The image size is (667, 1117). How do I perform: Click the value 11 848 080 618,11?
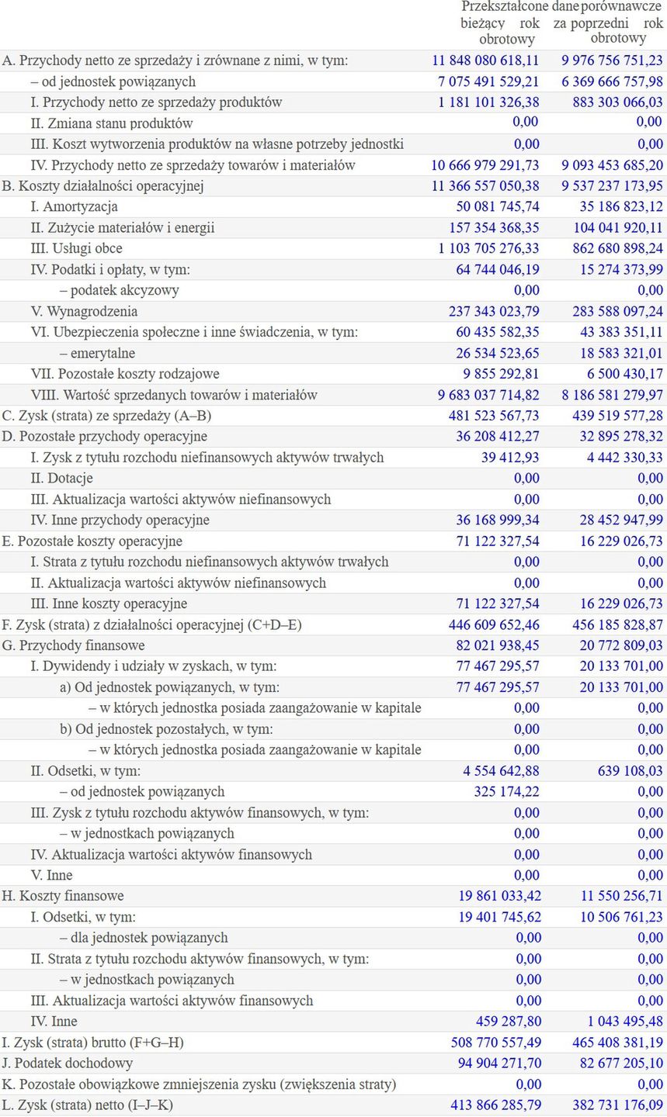pos(485,61)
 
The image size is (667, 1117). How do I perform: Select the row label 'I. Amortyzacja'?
pos(74,207)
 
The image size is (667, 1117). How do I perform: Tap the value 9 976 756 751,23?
pos(612,61)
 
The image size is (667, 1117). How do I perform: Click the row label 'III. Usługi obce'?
pos(76,249)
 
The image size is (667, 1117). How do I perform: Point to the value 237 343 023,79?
pos(494,312)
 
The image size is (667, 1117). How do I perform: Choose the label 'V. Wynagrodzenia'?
pos(84,312)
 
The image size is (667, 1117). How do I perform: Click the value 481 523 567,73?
pos(494,416)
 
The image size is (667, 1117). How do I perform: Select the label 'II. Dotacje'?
pos(61,479)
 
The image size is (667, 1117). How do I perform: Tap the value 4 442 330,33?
pos(624,458)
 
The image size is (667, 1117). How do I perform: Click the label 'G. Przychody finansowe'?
pos(74,645)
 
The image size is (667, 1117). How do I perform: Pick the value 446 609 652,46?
pos(494,624)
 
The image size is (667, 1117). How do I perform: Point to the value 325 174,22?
pos(506,792)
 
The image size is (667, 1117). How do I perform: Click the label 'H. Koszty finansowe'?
pos(63,896)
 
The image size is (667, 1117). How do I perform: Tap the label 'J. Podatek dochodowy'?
pos(68,1063)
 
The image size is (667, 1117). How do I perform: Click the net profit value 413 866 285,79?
pos(495,1105)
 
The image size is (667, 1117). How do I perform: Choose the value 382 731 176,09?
pos(618,1105)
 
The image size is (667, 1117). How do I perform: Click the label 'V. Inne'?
pos(51,875)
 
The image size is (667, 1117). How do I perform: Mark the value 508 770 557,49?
pos(495,1043)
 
